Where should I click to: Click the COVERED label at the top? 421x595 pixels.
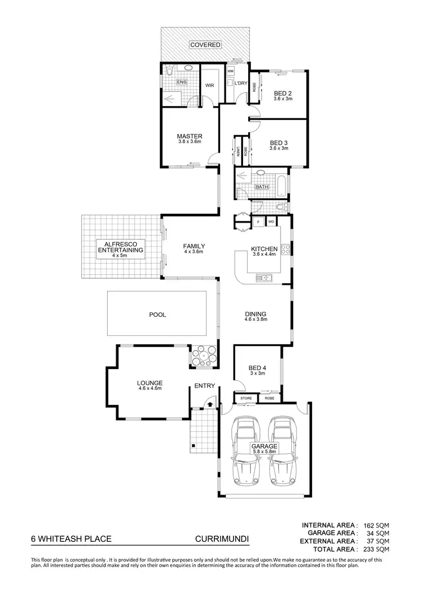(204, 44)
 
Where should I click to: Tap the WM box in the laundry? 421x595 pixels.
(230, 72)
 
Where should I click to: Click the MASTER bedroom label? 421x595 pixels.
(189, 136)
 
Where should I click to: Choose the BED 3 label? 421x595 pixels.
(278, 142)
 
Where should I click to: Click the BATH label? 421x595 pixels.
(262, 187)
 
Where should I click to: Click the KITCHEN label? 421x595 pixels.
(264, 249)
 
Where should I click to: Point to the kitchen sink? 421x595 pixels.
(263, 277)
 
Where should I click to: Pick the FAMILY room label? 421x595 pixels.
(194, 246)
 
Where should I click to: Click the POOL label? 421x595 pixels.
(157, 315)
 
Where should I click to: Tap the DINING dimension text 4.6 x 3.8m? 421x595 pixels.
(255, 320)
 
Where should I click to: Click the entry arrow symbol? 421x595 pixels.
(210, 402)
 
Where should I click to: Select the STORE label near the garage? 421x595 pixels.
(246, 399)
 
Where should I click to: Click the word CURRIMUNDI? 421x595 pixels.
(222, 539)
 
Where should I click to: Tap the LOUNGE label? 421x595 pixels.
(149, 383)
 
